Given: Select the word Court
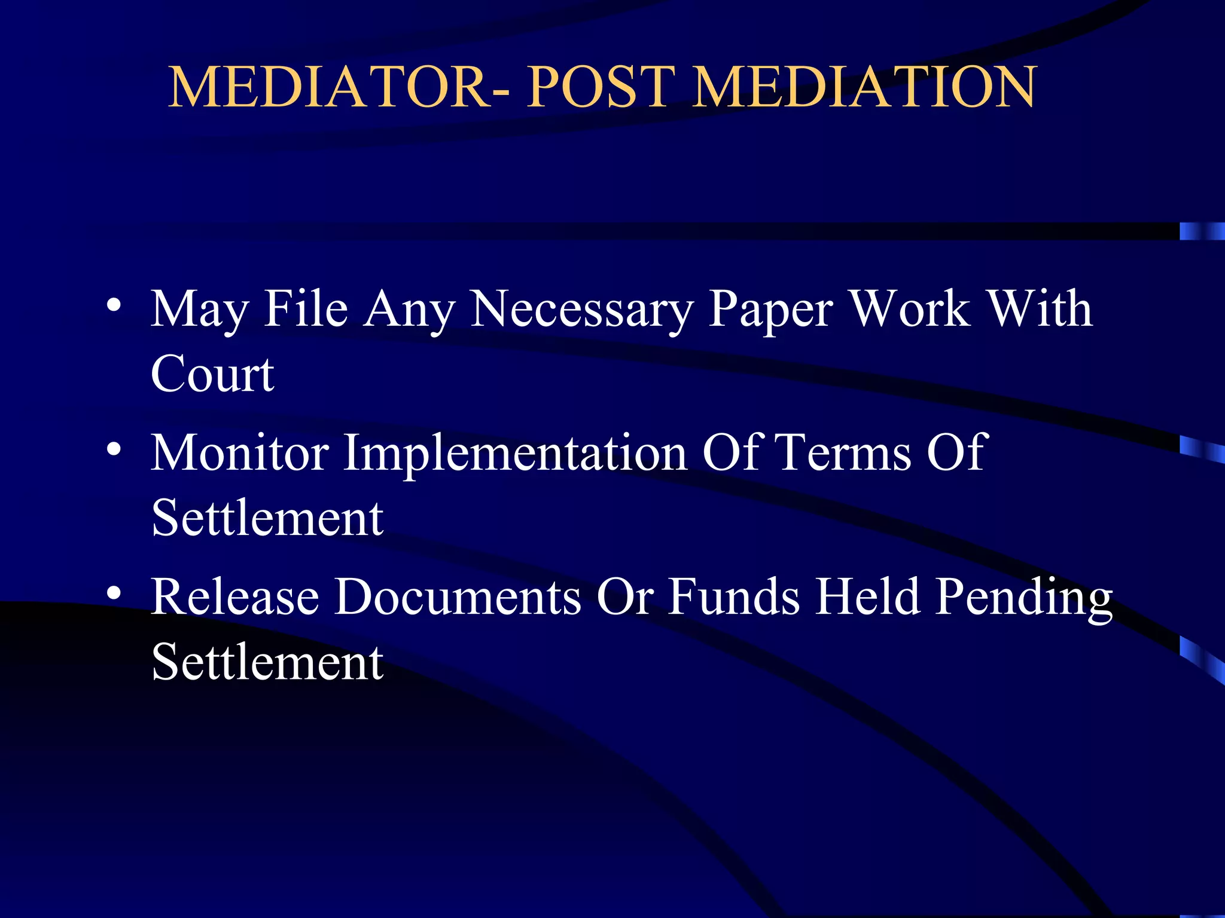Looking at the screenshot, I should [x=212, y=374].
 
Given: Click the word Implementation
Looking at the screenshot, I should [x=515, y=454].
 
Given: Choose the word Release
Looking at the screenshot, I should [x=235, y=596].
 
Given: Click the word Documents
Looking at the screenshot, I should [x=458, y=596].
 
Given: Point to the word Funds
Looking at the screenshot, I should [x=733, y=596].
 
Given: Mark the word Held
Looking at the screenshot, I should [x=868, y=596].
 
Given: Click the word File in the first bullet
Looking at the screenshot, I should [x=306, y=310].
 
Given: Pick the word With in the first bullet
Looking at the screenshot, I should [x=1039, y=310].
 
